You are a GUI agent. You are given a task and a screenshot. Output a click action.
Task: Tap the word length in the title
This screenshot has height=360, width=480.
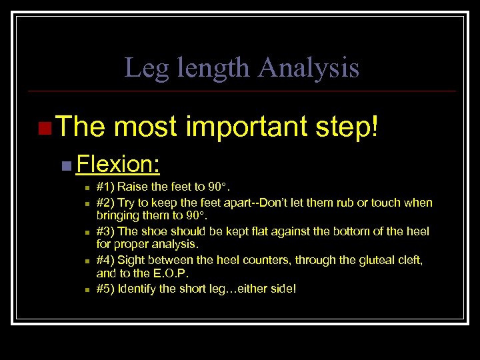coord(211,68)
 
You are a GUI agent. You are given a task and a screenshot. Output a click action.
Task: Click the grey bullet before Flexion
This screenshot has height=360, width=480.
coord(65,164)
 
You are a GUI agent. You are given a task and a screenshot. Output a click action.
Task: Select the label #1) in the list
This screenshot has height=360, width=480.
coord(105,187)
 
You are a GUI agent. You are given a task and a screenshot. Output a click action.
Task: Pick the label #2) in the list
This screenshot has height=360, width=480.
coord(105,202)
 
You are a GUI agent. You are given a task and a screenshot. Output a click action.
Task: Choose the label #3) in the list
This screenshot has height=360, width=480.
coord(105,231)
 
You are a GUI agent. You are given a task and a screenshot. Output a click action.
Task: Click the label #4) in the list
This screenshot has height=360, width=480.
coord(105,260)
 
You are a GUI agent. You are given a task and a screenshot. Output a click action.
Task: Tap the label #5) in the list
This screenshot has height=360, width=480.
coord(105,289)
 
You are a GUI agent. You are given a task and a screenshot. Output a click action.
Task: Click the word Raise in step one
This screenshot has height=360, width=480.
coord(133,187)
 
